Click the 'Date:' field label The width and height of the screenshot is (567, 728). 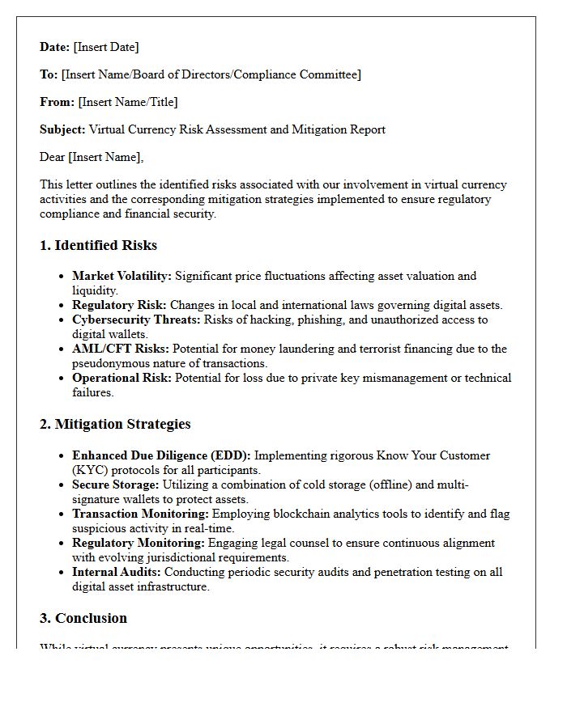pyautogui.click(x=55, y=47)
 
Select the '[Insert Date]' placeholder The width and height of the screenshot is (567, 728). pyautogui.click(x=106, y=47)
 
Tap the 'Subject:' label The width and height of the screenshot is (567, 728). pyautogui.click(x=62, y=129)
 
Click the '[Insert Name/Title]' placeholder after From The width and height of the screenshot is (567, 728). pyautogui.click(x=127, y=102)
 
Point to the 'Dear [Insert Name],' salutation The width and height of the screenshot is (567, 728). pyautogui.click(x=92, y=157)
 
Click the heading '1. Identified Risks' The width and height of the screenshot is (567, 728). pyautogui.click(x=98, y=245)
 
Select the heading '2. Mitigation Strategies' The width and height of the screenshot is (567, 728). pyautogui.click(x=115, y=424)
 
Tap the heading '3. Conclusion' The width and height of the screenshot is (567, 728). pyautogui.click(x=83, y=618)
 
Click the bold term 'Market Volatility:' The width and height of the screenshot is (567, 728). pyautogui.click(x=122, y=276)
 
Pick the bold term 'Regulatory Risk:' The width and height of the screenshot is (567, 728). pyautogui.click(x=119, y=305)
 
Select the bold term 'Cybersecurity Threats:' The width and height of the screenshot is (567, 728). pyautogui.click(x=134, y=320)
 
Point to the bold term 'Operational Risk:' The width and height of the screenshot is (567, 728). pyautogui.click(x=122, y=378)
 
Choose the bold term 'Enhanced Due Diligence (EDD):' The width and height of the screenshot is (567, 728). pyautogui.click(x=161, y=455)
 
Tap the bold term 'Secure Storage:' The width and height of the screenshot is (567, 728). pyautogui.click(x=116, y=485)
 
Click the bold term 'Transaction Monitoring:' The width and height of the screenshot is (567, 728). pyautogui.click(x=140, y=514)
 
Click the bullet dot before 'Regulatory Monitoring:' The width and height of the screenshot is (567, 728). pyautogui.click(x=62, y=544)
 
